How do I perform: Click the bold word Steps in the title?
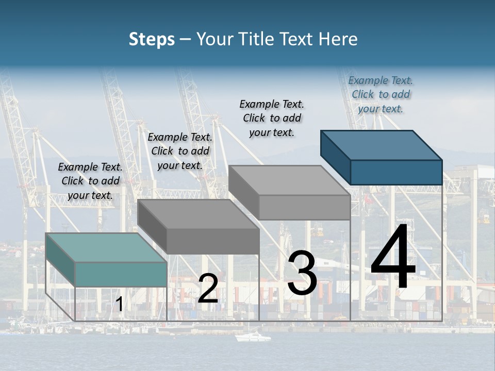(x=152, y=39)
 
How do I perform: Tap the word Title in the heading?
(x=255, y=39)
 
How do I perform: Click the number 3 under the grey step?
(x=302, y=273)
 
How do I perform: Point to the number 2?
(x=208, y=289)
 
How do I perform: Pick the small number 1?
(x=119, y=305)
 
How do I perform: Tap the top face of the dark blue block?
(x=382, y=145)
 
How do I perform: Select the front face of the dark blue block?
(x=396, y=172)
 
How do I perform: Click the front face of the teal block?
(x=121, y=274)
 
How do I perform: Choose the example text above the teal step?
(x=90, y=181)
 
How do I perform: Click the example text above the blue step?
(x=381, y=94)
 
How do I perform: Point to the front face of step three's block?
(x=304, y=208)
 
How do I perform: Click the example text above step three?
(x=272, y=118)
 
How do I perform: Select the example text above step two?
(x=180, y=151)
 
